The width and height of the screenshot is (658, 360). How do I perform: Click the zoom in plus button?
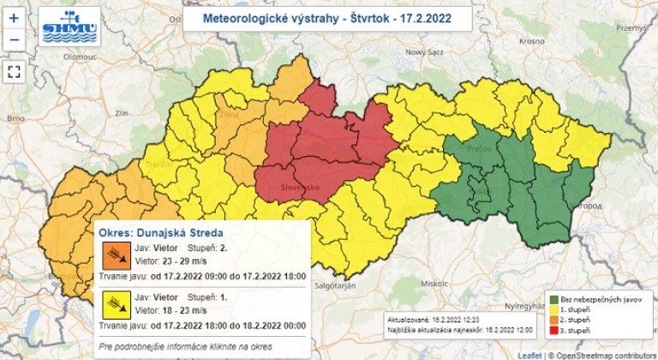15,17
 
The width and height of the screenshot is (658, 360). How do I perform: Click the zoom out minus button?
15,39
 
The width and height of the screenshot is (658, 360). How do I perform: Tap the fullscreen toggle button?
15,71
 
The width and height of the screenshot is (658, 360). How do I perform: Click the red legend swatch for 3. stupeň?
554,330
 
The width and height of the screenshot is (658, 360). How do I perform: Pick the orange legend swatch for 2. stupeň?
554,320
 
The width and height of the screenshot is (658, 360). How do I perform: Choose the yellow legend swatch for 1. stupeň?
554,309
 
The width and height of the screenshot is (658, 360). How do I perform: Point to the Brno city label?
15,118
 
